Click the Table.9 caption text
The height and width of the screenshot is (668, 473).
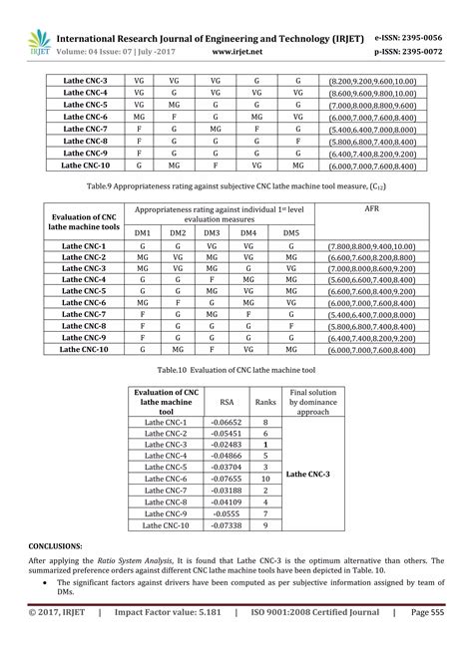236,185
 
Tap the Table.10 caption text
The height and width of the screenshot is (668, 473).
236,368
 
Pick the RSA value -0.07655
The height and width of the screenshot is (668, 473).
226,479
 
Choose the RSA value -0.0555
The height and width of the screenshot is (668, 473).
226,512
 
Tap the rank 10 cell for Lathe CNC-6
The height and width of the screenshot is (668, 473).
265,479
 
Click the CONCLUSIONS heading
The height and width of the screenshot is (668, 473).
56,547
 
